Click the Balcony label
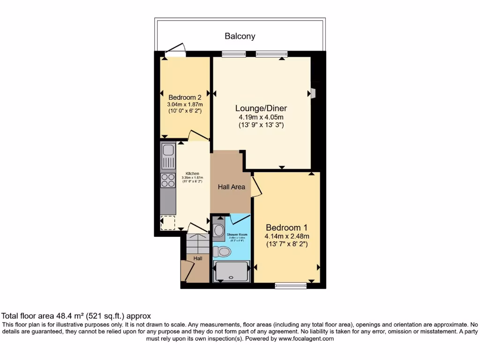point(240,36)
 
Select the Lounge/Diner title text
point(261,108)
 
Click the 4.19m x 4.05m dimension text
point(261,117)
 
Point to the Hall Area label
point(232,187)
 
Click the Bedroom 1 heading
point(287,227)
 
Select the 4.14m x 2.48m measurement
point(287,236)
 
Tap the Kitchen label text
point(193,173)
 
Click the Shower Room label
point(238,234)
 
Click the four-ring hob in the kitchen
point(167,180)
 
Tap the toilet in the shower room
point(222,252)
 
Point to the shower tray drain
point(231,277)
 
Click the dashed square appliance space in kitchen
point(167,223)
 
